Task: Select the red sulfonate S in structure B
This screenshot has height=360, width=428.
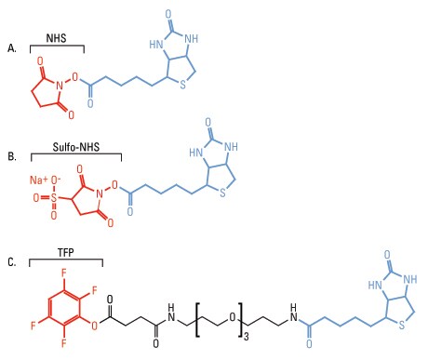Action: coord(54,197)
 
